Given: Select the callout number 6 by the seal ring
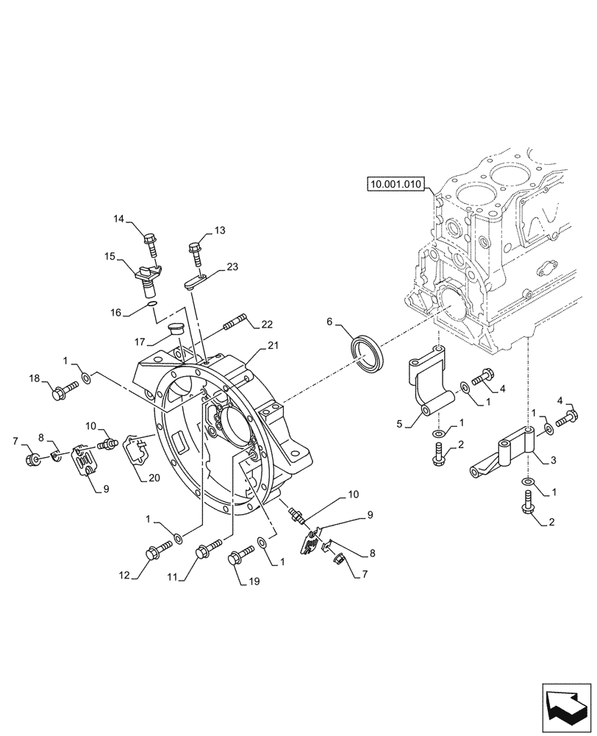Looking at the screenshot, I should [x=330, y=321].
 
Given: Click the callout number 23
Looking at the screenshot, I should [x=232, y=267].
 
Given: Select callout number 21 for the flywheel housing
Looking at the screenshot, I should [x=273, y=346].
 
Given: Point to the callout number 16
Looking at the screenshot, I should [x=115, y=312].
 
